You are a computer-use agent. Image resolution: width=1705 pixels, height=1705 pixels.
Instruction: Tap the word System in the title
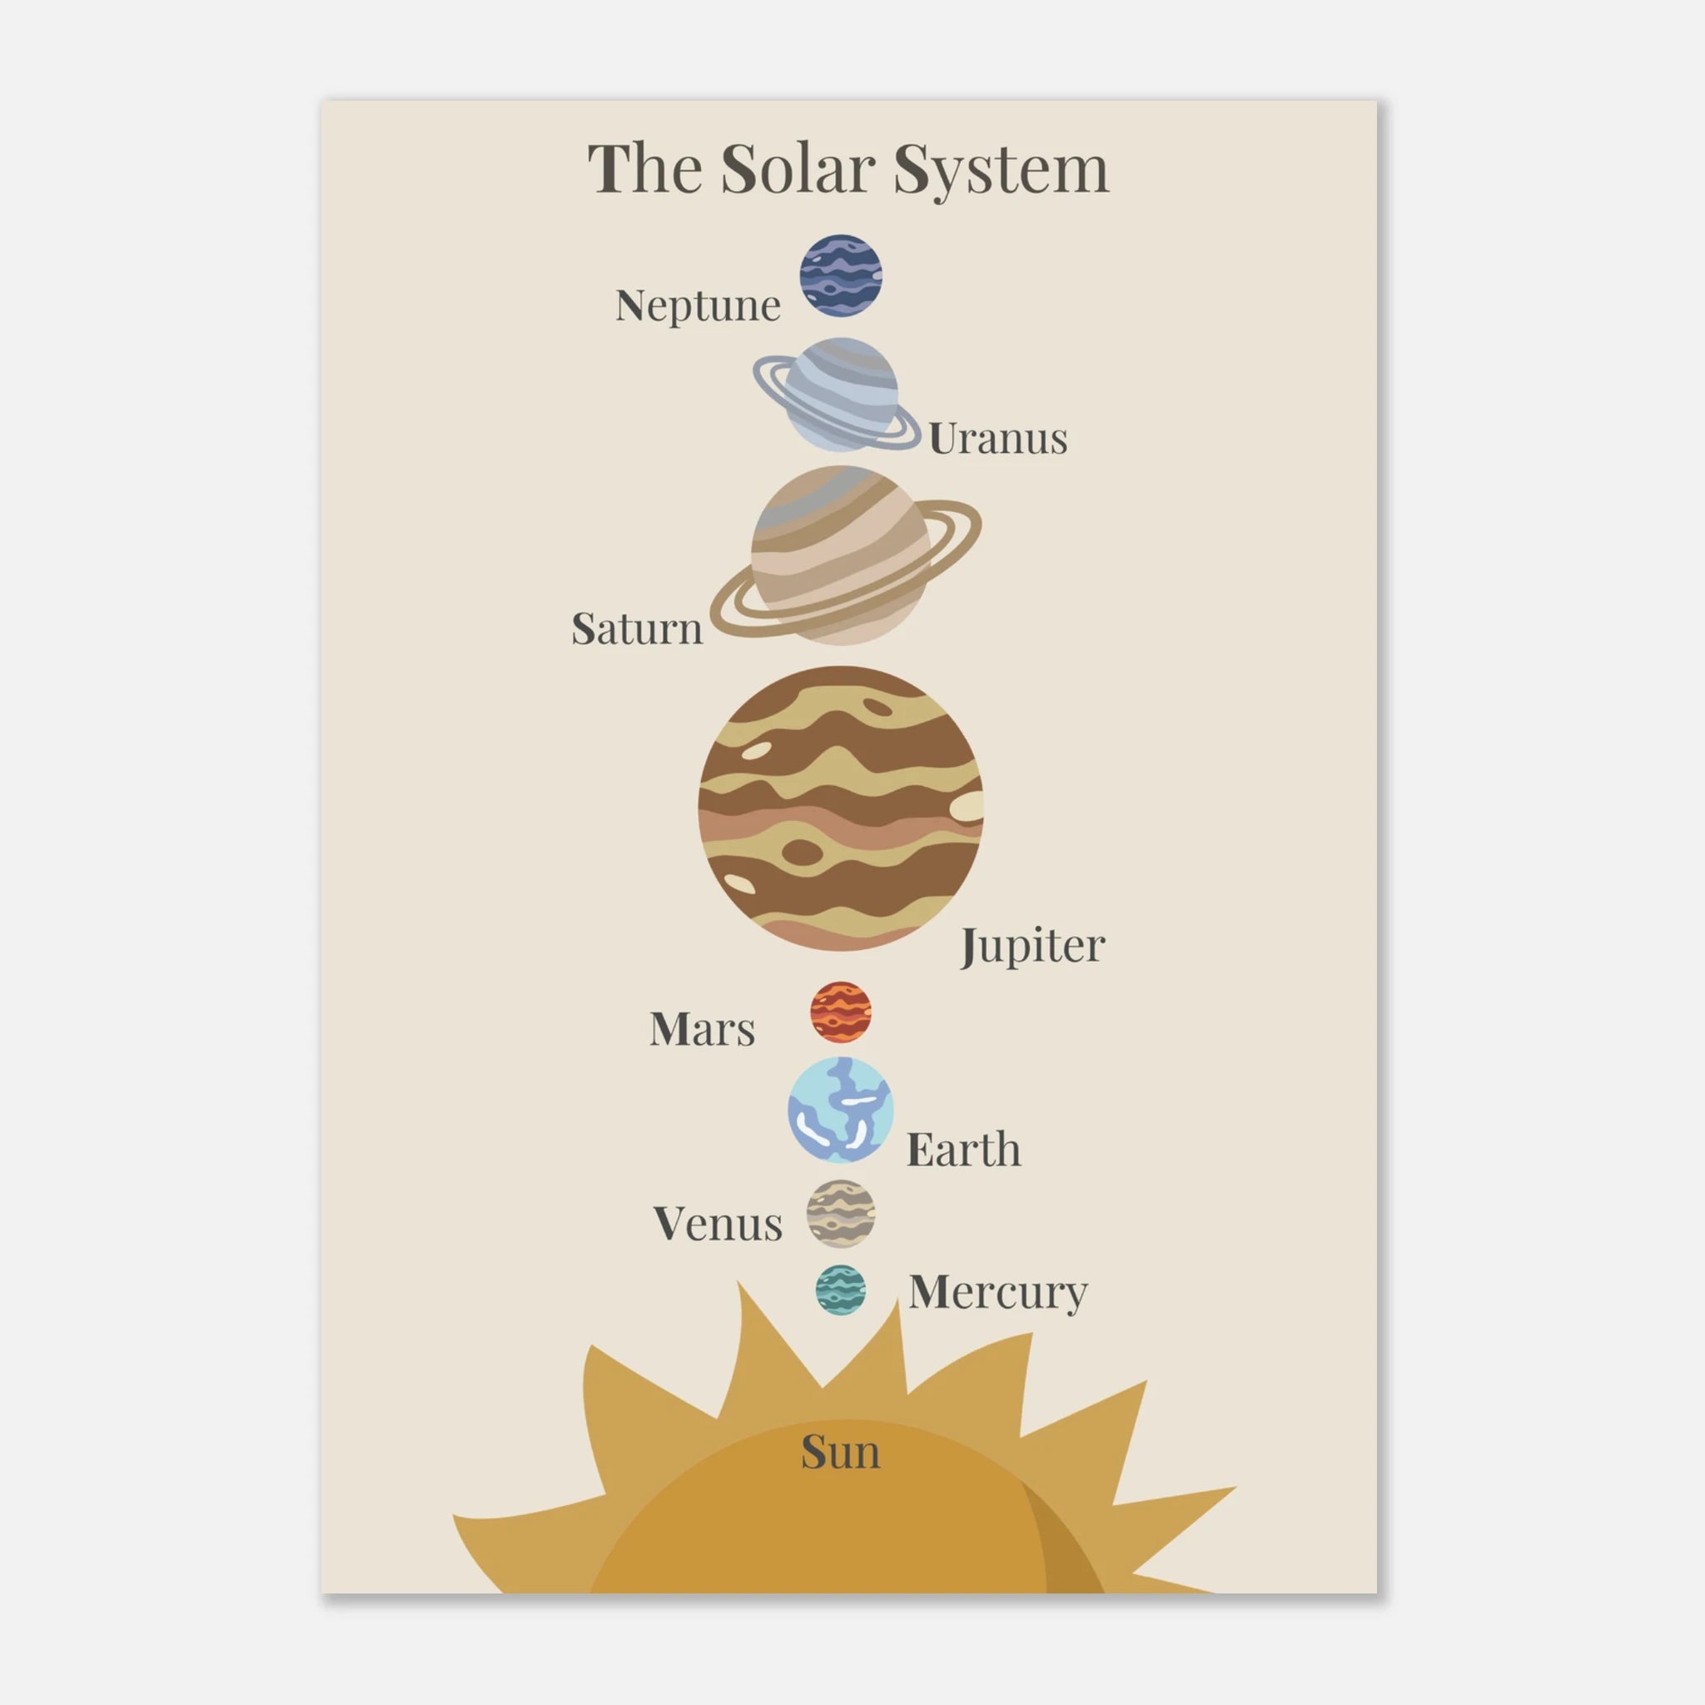click(1001, 172)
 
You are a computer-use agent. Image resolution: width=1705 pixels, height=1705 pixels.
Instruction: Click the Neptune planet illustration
click(841, 276)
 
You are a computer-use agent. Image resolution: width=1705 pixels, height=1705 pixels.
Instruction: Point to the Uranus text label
click(998, 439)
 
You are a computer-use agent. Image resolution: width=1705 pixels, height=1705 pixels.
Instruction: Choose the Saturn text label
click(637, 629)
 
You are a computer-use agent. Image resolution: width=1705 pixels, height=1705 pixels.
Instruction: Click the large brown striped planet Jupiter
click(840, 808)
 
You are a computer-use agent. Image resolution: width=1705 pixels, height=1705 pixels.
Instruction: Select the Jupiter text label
click(1032, 947)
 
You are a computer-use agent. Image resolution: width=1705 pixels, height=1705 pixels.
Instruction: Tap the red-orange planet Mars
click(841, 1012)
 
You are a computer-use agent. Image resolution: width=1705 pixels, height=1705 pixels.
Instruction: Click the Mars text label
click(703, 1029)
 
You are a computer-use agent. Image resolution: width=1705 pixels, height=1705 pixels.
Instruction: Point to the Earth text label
click(964, 1150)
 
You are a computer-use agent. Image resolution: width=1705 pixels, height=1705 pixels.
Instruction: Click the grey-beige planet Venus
click(841, 1214)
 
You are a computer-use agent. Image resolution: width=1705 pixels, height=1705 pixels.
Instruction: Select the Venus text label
click(718, 1224)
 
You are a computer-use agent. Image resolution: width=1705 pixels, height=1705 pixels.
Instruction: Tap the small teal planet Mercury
click(840, 1291)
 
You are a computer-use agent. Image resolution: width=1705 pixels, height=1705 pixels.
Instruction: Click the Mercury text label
click(998, 1294)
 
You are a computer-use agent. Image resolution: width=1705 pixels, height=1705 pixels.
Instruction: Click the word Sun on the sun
click(840, 1452)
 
